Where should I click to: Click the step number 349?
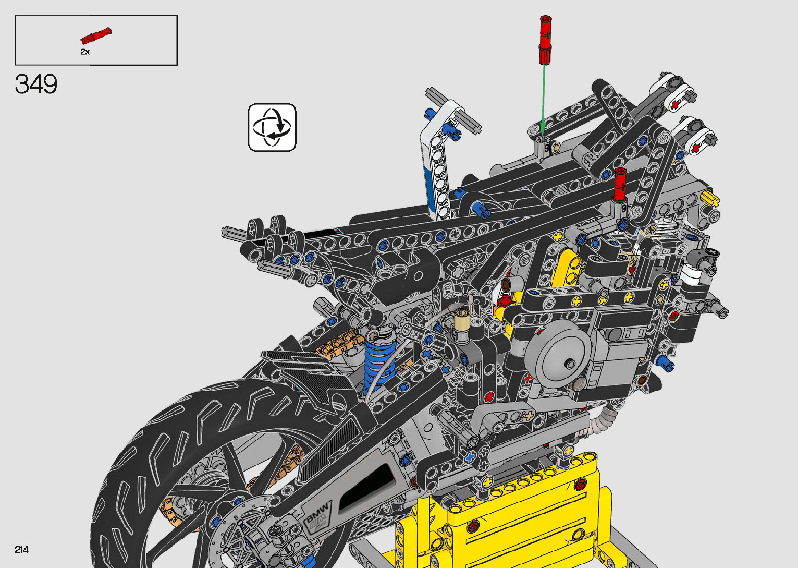36,84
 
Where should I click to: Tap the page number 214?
21,549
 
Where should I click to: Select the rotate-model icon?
272,127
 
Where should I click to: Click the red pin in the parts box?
96,35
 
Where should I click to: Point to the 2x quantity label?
85,52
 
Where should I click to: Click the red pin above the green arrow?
545,40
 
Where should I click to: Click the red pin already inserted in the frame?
620,185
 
